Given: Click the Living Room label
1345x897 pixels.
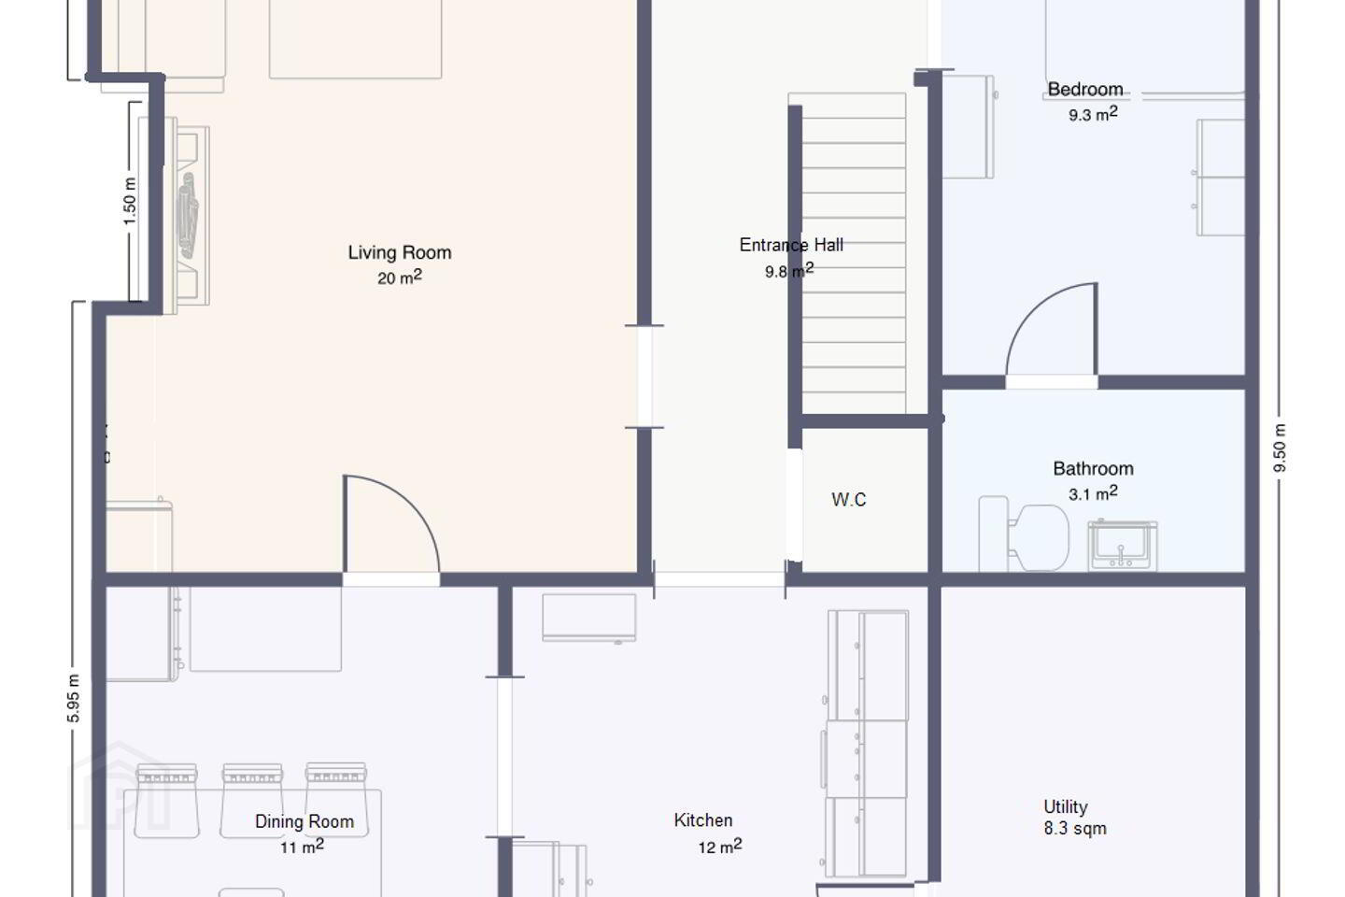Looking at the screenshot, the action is (x=400, y=252).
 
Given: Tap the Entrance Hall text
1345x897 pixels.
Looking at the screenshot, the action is (x=791, y=245).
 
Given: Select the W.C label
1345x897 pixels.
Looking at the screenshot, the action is (x=849, y=499).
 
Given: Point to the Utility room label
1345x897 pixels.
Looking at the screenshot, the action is (x=1065, y=807).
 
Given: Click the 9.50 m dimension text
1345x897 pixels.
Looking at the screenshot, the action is (x=1280, y=448).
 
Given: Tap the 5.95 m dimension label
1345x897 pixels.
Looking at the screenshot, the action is (x=73, y=699).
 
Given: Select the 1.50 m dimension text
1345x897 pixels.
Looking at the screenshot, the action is (x=130, y=201).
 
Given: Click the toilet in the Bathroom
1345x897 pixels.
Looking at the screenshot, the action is (x=1024, y=534).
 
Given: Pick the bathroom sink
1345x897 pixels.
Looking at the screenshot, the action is (x=1123, y=545).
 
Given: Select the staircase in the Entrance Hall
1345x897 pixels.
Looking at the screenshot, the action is (x=854, y=252).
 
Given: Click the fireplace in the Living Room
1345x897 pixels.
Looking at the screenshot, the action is (x=188, y=216).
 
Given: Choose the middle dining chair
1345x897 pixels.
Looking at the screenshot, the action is (x=252, y=800).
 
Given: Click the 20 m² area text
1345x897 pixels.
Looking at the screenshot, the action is (x=400, y=277).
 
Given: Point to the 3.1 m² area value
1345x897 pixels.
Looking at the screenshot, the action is (x=1093, y=493).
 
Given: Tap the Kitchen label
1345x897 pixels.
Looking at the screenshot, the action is (x=703, y=820).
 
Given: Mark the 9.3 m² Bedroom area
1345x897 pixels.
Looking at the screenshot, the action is (x=1093, y=114).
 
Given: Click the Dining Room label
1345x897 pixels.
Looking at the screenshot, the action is (x=304, y=821).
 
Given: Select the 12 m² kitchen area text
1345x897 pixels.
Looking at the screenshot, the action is (x=720, y=847).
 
